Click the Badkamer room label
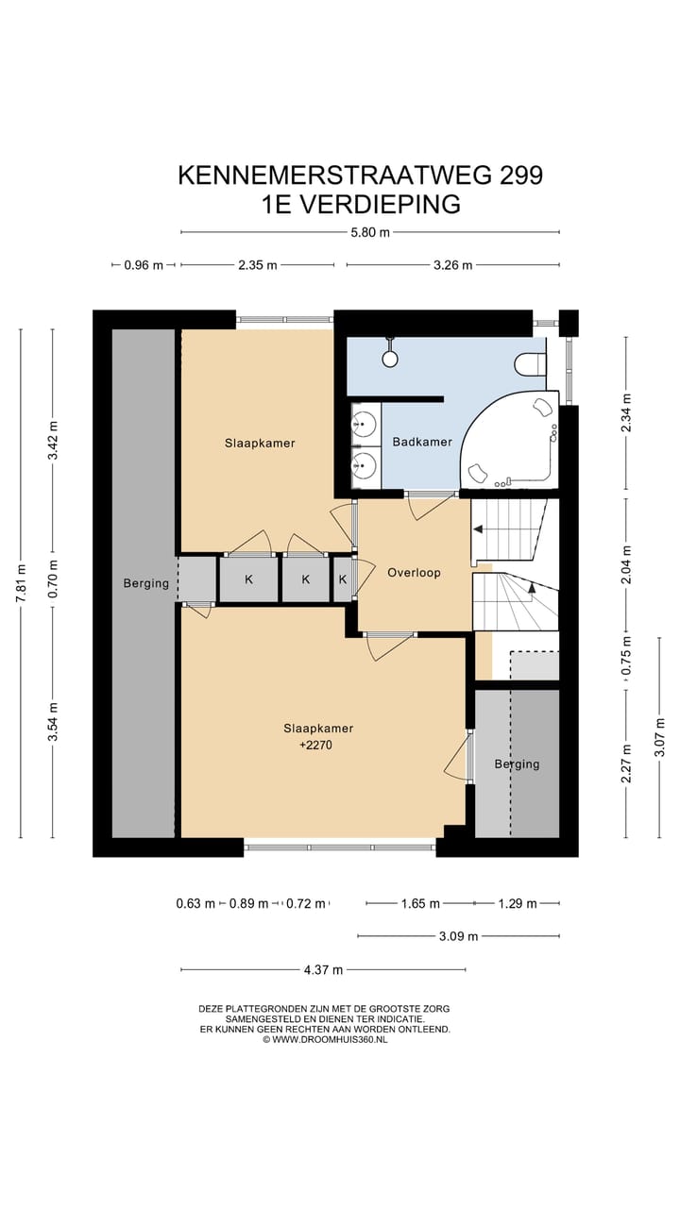(x=422, y=442)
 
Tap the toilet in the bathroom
(x=530, y=364)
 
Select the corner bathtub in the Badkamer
(x=509, y=440)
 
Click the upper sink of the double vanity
(x=365, y=424)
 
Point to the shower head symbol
(x=390, y=354)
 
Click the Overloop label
(x=414, y=573)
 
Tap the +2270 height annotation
(x=315, y=746)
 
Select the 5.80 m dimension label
(x=370, y=233)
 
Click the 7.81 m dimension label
(x=21, y=583)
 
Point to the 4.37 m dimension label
(x=323, y=969)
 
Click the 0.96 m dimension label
(x=144, y=265)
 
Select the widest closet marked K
(x=248, y=579)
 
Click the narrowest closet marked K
(x=343, y=579)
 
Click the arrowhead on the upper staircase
(x=478, y=530)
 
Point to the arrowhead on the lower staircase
(x=532, y=588)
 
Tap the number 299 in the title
(x=520, y=176)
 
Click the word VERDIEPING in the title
(x=380, y=205)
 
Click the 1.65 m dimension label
(x=420, y=903)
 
